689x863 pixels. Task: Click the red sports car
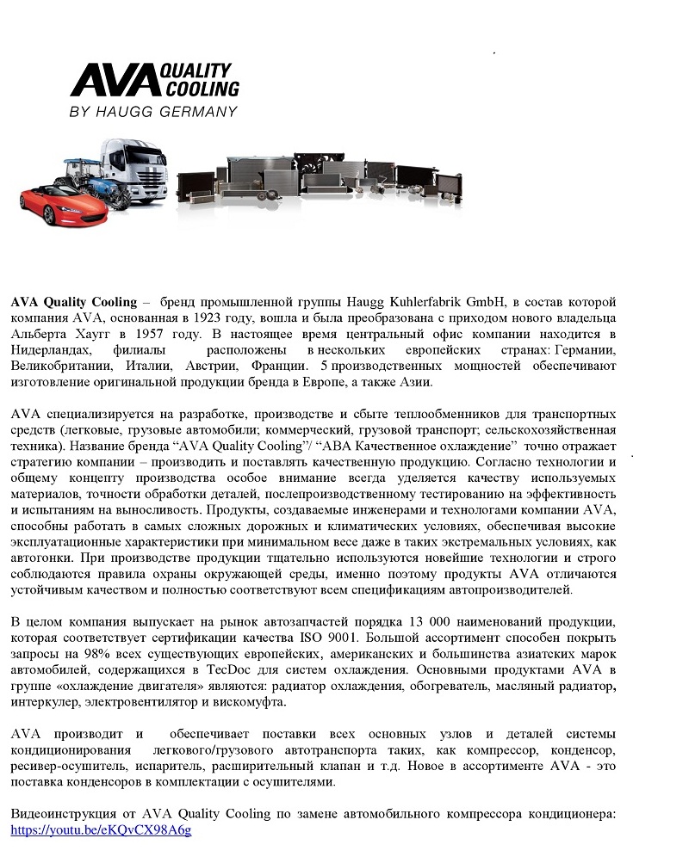click(53, 199)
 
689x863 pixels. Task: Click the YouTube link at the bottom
click(101, 830)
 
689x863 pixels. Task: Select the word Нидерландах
click(52, 350)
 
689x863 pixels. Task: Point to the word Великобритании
click(59, 367)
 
